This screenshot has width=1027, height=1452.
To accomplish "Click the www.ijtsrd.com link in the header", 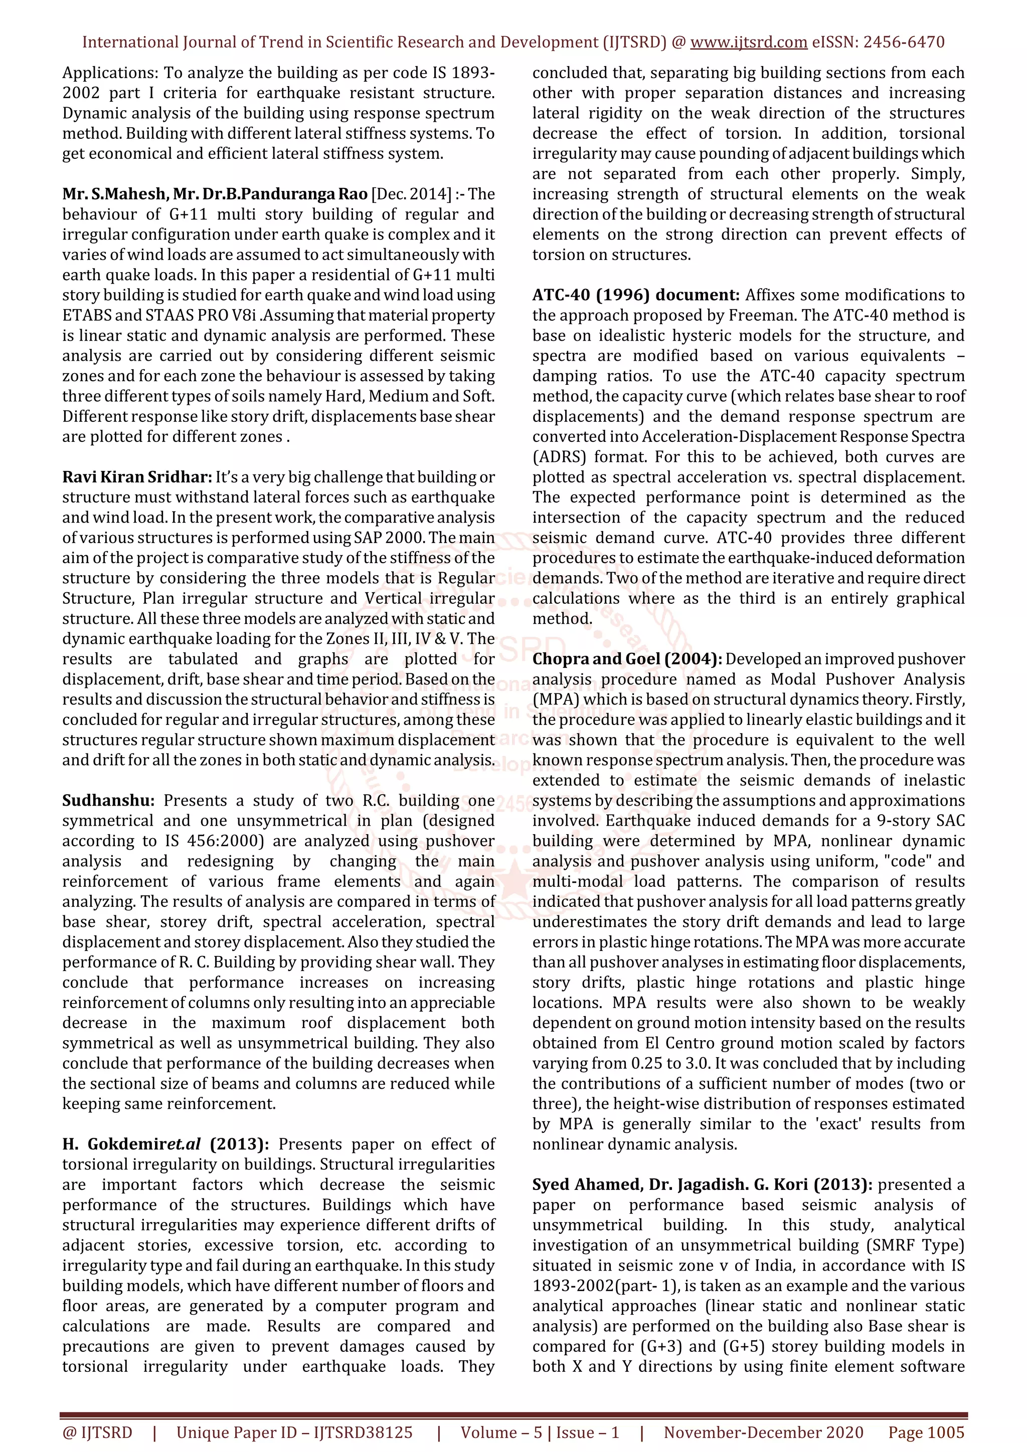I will coord(748,43).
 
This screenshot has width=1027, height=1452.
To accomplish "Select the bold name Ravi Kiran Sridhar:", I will coord(137,477).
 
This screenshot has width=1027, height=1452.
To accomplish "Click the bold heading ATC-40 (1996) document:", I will coord(635,295).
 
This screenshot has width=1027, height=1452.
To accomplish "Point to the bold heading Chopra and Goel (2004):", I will coord(626,658).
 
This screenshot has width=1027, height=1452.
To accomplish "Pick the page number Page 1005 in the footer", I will coord(926,1432).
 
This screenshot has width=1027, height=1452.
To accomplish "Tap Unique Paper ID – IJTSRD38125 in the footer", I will coord(294,1432).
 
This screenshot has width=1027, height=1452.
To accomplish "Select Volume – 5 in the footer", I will coord(501,1432).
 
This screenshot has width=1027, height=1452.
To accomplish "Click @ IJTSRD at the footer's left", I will coord(97,1432).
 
